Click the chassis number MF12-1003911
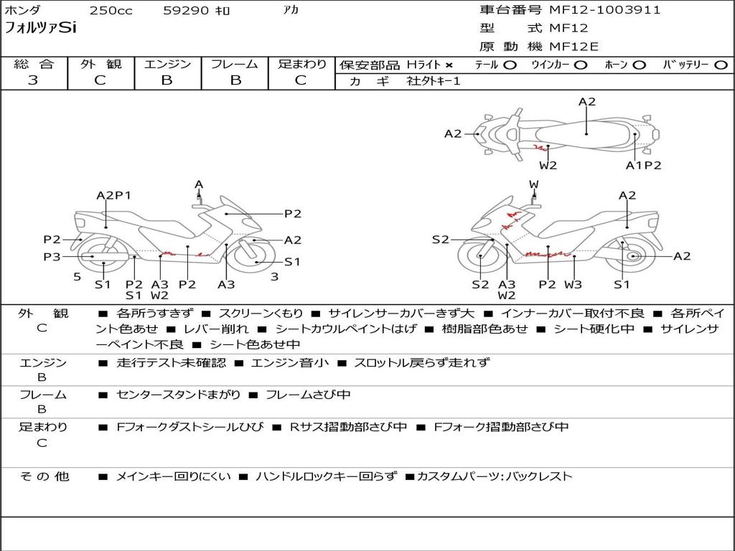point(604,10)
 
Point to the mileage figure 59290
point(186,11)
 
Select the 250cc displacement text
point(111,11)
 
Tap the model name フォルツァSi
point(40,28)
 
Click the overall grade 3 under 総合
point(33,80)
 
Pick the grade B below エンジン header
point(167,80)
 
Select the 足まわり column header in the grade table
point(302,64)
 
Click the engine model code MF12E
point(574,47)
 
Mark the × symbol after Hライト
point(449,65)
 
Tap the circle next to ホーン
point(640,65)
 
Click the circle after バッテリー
point(721,65)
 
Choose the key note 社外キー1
point(434,81)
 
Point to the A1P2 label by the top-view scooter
point(643,165)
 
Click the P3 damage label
point(52,256)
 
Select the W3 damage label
point(573,284)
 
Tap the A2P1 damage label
point(114,195)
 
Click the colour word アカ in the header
point(291,11)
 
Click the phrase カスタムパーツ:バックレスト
point(495,476)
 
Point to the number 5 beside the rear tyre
point(77,276)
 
